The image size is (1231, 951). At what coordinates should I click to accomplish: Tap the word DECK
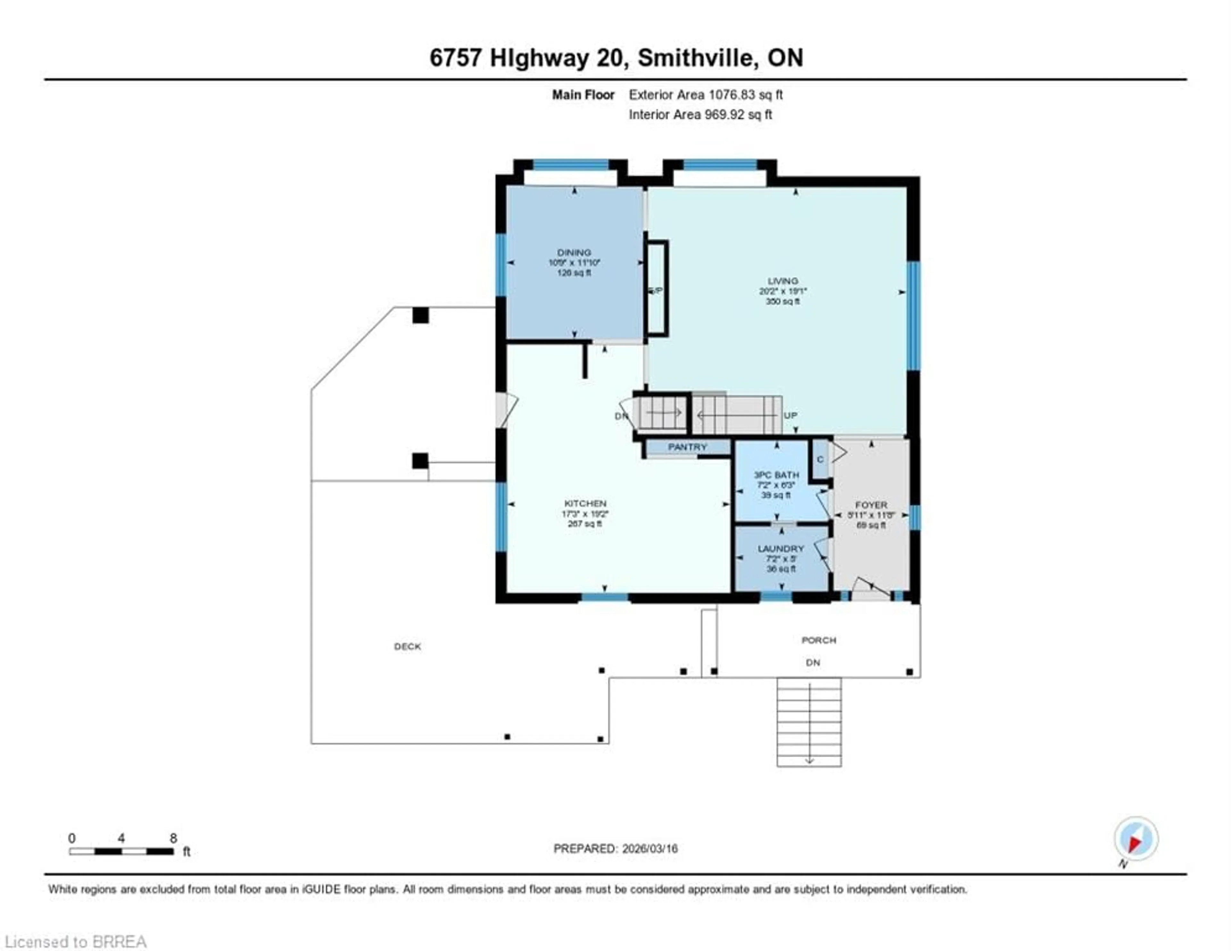407,647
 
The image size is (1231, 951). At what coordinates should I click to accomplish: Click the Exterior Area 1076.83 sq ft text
706,95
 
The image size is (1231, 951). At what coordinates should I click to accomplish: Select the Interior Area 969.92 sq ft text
700,114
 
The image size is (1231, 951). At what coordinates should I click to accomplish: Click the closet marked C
820,459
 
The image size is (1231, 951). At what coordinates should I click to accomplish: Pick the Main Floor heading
583,95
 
